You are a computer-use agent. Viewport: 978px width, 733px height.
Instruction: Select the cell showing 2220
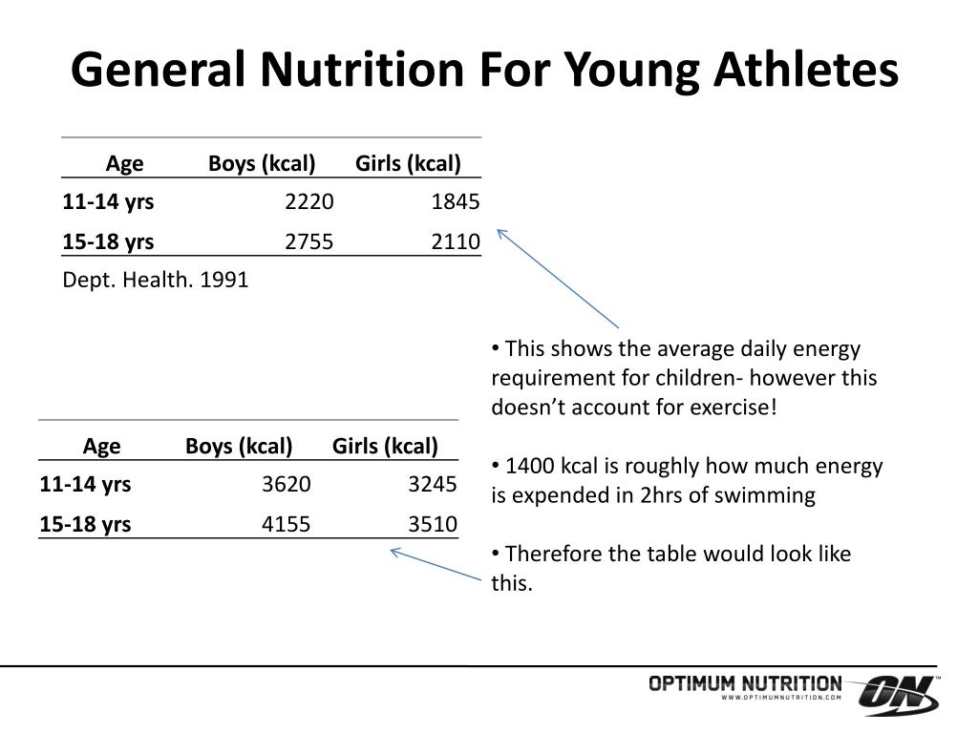309,202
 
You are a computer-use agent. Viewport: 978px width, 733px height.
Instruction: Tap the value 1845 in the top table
456,202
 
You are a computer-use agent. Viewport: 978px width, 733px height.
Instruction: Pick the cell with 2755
309,241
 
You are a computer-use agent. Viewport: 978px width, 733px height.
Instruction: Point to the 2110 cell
456,241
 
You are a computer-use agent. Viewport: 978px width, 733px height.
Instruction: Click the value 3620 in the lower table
287,485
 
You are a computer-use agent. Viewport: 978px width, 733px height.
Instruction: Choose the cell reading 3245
433,485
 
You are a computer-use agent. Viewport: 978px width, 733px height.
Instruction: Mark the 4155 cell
287,524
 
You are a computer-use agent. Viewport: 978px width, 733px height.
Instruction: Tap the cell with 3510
433,524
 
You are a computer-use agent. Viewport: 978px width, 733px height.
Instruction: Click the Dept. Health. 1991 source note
155,280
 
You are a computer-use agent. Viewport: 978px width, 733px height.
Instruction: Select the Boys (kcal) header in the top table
262,163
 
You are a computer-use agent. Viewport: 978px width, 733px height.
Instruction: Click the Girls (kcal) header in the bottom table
385,446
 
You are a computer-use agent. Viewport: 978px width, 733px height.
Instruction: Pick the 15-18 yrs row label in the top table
108,241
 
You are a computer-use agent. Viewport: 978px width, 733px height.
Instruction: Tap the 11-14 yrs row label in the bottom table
85,485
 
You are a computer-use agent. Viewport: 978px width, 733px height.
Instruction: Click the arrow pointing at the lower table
436,564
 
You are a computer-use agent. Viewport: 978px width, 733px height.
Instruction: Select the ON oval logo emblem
899,695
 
